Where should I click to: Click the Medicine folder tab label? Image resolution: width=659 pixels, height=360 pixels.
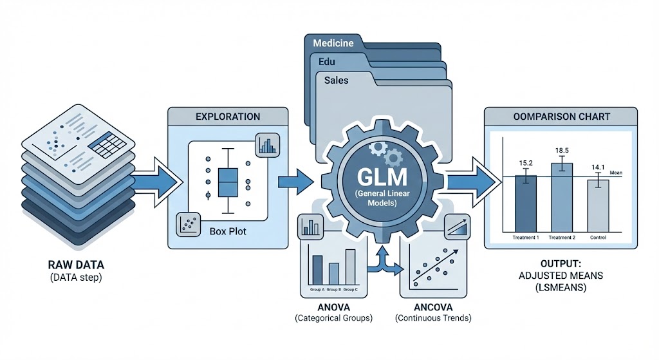(333, 44)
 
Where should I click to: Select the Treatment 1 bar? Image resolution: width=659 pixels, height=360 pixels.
(526, 203)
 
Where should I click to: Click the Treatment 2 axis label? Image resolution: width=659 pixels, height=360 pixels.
(562, 238)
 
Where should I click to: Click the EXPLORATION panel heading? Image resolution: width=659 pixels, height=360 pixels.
(228, 117)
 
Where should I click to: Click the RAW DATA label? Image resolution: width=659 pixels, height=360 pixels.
(77, 265)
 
